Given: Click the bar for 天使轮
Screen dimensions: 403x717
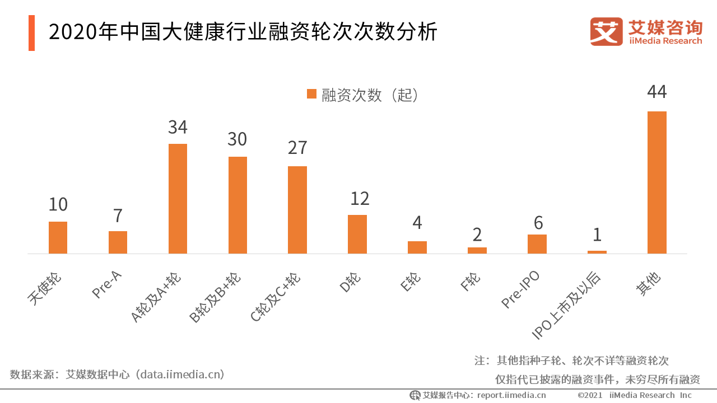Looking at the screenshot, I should pyautogui.click(x=58, y=237).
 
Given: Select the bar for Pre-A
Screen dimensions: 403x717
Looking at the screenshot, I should pyautogui.click(x=118, y=242).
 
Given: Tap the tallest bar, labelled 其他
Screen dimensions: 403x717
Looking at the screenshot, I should pyautogui.click(x=657, y=182).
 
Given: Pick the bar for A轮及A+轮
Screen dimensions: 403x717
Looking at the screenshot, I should pyautogui.click(x=178, y=199).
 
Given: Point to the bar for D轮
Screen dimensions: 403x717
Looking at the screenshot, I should pyautogui.click(x=357, y=234).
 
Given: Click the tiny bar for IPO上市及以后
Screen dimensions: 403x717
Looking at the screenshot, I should pyautogui.click(x=597, y=252).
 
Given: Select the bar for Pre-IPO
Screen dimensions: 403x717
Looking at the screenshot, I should pyautogui.click(x=537, y=244).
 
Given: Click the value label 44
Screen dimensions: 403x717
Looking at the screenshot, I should pyautogui.click(x=657, y=92).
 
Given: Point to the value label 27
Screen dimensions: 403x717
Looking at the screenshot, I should pyautogui.click(x=297, y=148).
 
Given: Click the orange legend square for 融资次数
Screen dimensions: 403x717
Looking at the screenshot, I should pyautogui.click(x=312, y=94).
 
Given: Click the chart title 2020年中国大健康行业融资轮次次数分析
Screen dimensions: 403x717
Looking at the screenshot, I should pyautogui.click(x=243, y=33).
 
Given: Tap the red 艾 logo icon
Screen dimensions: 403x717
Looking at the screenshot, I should pyautogui.click(x=606, y=32).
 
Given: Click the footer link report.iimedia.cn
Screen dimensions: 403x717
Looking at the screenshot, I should pyautogui.click(x=511, y=395).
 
